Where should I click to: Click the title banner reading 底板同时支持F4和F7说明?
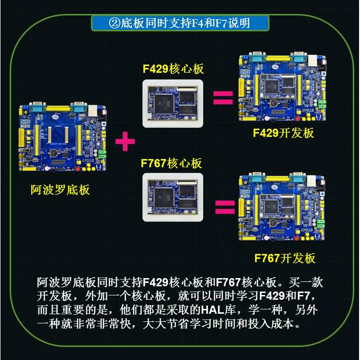coord(180,23)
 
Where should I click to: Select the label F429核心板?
coord(173,68)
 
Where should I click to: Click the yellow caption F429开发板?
coord(284,133)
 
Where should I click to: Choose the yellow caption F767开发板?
coord(284,258)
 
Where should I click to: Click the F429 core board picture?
coord(173,103)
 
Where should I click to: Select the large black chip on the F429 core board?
coord(163,102)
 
